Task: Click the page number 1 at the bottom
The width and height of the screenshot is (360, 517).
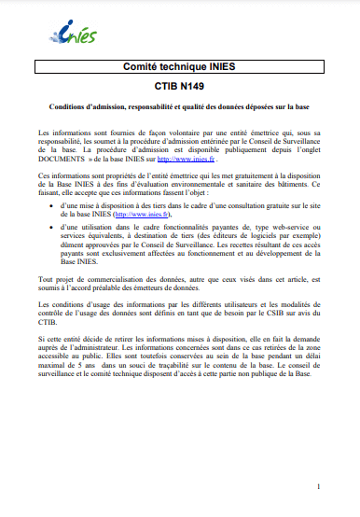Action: pyautogui.click(x=319, y=486)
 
